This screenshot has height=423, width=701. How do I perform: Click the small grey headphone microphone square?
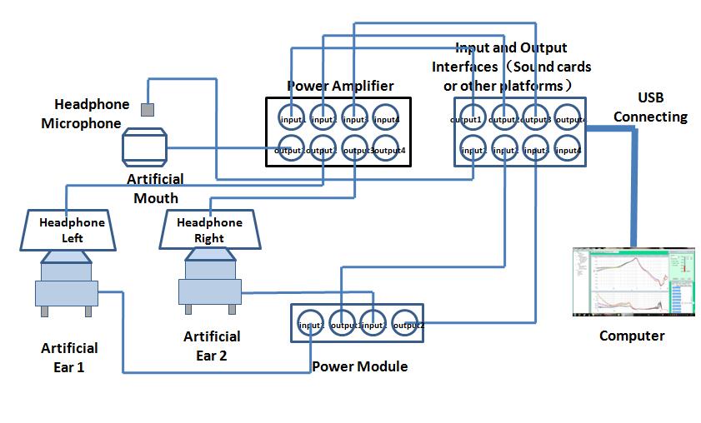pos(148,109)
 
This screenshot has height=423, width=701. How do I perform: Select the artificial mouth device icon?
pos(145,147)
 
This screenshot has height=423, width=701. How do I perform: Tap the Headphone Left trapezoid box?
pos(72,230)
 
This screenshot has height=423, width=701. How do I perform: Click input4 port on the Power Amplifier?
pos(385,118)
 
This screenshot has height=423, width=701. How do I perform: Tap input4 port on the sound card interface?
pos(568,151)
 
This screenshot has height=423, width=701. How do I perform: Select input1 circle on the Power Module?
pos(311,323)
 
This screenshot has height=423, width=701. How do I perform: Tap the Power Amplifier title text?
pos(340,86)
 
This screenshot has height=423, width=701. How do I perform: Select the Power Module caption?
pos(359,366)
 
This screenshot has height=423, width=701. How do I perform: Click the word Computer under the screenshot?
pos(632,336)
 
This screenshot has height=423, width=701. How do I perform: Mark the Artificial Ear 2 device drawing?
pos(208,283)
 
